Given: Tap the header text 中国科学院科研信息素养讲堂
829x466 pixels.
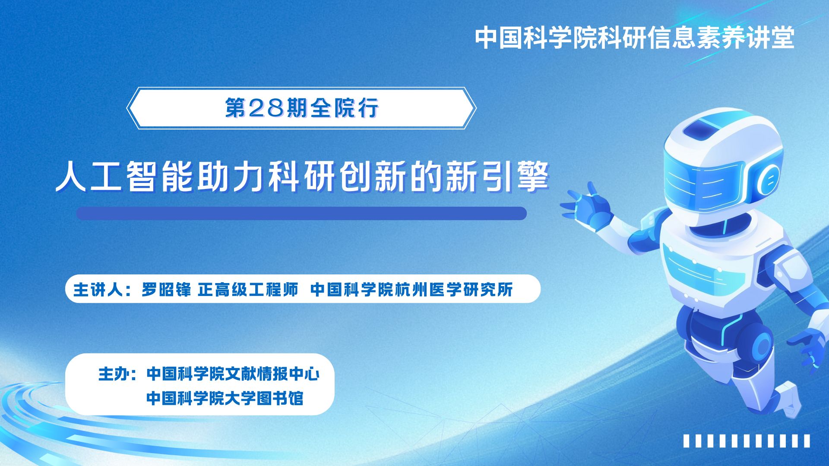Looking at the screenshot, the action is click(x=635, y=38).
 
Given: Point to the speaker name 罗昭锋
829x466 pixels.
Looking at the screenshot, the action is click(x=166, y=290).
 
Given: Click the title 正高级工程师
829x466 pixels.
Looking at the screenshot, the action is click(x=248, y=290).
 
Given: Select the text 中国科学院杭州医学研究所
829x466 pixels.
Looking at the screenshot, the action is click(x=411, y=290).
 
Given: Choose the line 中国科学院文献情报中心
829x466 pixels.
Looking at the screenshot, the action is click(x=233, y=374).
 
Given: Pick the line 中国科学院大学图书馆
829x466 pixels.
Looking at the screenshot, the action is click(x=225, y=398).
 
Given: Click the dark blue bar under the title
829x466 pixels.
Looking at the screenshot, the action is click(x=301, y=214).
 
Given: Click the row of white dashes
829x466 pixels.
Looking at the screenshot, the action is click(x=747, y=441).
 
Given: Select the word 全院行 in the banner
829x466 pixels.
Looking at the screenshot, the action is click(x=345, y=108).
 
